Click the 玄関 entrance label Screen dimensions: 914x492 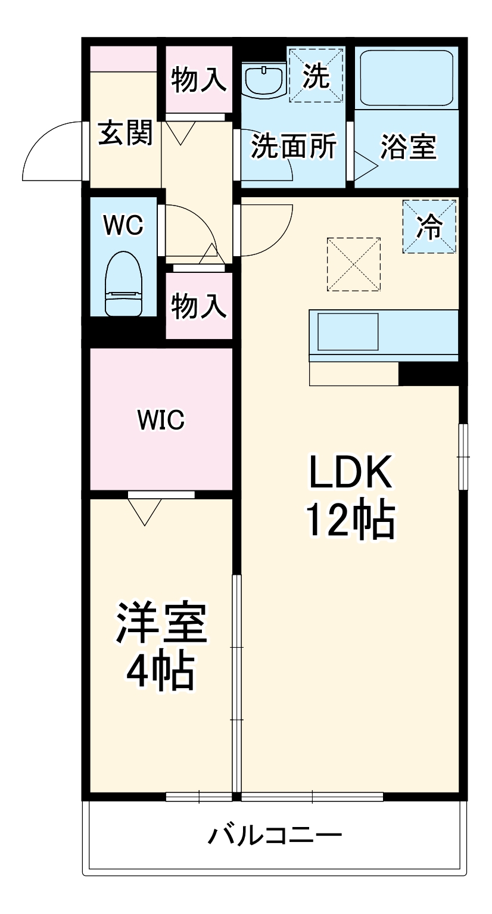point(126,132)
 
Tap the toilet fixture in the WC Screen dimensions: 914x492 point(124,284)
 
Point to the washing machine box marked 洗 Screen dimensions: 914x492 point(316,75)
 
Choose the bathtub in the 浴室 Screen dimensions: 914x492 point(407,78)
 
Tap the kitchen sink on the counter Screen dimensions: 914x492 point(348,331)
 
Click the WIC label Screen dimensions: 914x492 point(161,419)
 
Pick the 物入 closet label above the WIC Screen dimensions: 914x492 point(199,306)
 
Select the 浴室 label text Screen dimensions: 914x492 point(409,147)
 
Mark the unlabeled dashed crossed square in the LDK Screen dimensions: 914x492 point(354,264)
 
